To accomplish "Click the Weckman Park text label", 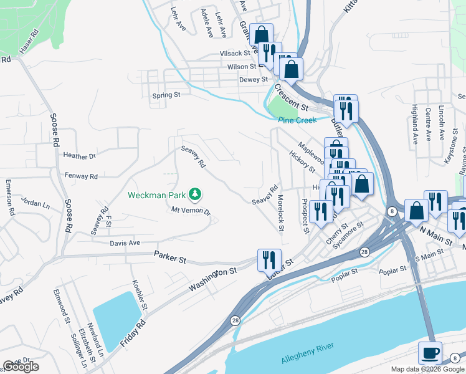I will point(156,195).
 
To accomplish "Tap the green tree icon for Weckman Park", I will point(196,194).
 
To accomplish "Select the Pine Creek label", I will point(297,120).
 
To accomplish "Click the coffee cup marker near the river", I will point(430,353).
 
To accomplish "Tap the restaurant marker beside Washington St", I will point(269,259).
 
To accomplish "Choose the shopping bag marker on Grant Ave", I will point(262,36).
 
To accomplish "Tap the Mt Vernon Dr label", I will point(191,211).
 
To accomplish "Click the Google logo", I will point(21,367).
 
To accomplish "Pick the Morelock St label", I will point(280,215).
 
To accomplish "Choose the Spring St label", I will point(166,95).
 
